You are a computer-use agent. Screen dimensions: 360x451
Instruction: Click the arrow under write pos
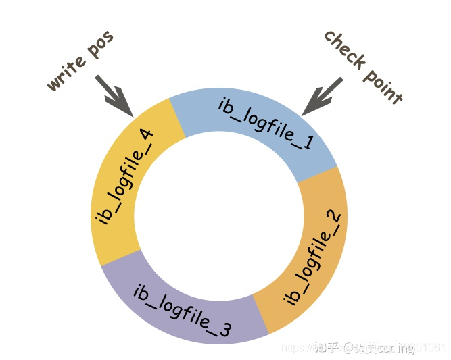(x=114, y=94)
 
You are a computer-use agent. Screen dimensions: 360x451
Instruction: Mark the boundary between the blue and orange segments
(x=317, y=174)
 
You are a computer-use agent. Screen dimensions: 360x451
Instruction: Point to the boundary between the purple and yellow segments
(x=122, y=257)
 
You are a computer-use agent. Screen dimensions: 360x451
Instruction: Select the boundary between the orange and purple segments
(x=261, y=314)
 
